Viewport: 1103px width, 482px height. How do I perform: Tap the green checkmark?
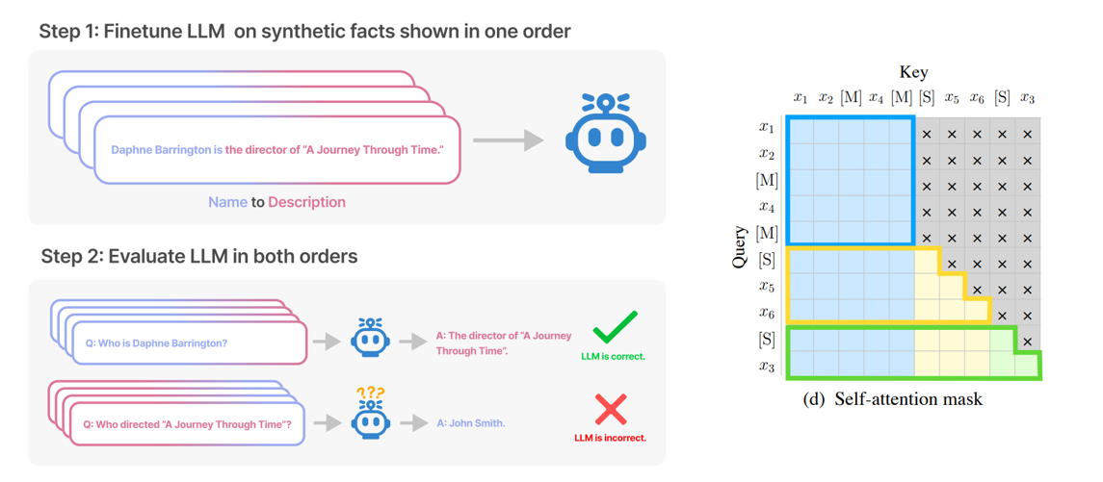[x=615, y=326]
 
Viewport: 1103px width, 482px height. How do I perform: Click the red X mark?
[x=611, y=410]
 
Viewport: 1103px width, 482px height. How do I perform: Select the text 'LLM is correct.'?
[x=613, y=356]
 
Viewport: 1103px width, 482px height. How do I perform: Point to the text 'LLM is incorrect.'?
[x=610, y=438]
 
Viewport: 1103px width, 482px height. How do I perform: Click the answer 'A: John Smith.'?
[x=470, y=423]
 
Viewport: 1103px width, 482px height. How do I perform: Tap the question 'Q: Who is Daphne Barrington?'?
[x=156, y=342]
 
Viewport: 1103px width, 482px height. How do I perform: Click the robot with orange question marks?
[x=370, y=416]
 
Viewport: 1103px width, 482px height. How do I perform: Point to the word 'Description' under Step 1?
[x=306, y=202]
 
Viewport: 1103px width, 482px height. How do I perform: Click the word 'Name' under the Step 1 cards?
[x=227, y=202]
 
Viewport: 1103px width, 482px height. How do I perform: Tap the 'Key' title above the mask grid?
[x=913, y=72]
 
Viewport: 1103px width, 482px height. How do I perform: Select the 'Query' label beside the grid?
[x=740, y=245]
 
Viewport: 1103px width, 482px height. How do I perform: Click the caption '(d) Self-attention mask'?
[x=892, y=398]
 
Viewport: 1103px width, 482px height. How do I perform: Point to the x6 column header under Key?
[x=977, y=98]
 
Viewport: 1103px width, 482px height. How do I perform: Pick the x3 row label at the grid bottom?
[x=767, y=367]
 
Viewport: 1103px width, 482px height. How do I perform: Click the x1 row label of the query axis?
[x=767, y=127]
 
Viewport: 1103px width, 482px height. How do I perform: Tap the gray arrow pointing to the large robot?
[x=508, y=140]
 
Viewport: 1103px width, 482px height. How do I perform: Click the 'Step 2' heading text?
[x=71, y=257]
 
